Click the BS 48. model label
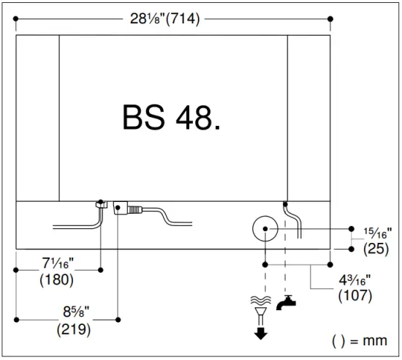coord(171,117)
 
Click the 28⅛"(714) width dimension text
coord(165,19)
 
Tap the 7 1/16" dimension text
coord(58,263)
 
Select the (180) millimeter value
coord(57,280)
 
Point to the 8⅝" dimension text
coord(76,312)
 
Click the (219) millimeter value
coord(74,329)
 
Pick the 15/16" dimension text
coord(378,233)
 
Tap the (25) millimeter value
coord(376,248)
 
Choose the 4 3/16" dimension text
coord(354,280)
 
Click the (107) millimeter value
coord(355,296)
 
